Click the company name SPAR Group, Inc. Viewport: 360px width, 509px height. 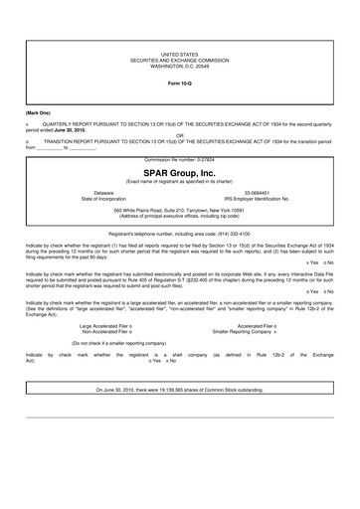[179, 171]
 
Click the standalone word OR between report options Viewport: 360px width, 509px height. [179, 136]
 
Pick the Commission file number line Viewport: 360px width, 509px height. [179, 158]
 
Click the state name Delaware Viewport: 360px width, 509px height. [104, 193]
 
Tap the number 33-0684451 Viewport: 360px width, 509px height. [259, 193]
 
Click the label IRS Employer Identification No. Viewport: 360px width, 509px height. [259, 199]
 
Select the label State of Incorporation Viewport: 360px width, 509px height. [104, 199]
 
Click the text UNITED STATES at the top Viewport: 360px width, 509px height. [179, 54]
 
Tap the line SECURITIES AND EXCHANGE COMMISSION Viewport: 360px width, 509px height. [179, 60]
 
